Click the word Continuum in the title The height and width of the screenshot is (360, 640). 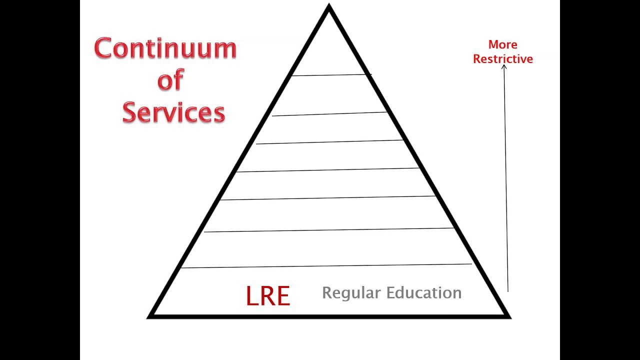coord(165,48)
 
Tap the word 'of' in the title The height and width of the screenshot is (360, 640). coord(170,79)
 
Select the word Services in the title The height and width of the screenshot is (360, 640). coord(173,112)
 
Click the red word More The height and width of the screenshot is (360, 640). coord(503,44)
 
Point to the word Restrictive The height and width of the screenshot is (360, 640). coord(503,59)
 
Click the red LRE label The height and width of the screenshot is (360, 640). coord(268,296)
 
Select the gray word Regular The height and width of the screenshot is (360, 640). coord(351,293)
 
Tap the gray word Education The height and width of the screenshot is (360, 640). coord(424,292)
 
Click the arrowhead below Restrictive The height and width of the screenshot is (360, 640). coord(504,66)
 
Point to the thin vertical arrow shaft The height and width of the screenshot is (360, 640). coord(506,178)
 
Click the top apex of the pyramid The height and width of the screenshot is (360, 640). coord(329,4)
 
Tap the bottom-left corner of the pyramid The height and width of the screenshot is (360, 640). coord(147,317)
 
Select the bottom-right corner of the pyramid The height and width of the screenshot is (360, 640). coord(510,317)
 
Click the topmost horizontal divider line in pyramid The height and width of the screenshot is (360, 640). coord(331,75)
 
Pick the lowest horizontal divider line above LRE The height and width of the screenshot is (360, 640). coord(326,265)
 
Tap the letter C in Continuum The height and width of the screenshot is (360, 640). coord(102,48)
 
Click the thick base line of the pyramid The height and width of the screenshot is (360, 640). coord(329,316)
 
